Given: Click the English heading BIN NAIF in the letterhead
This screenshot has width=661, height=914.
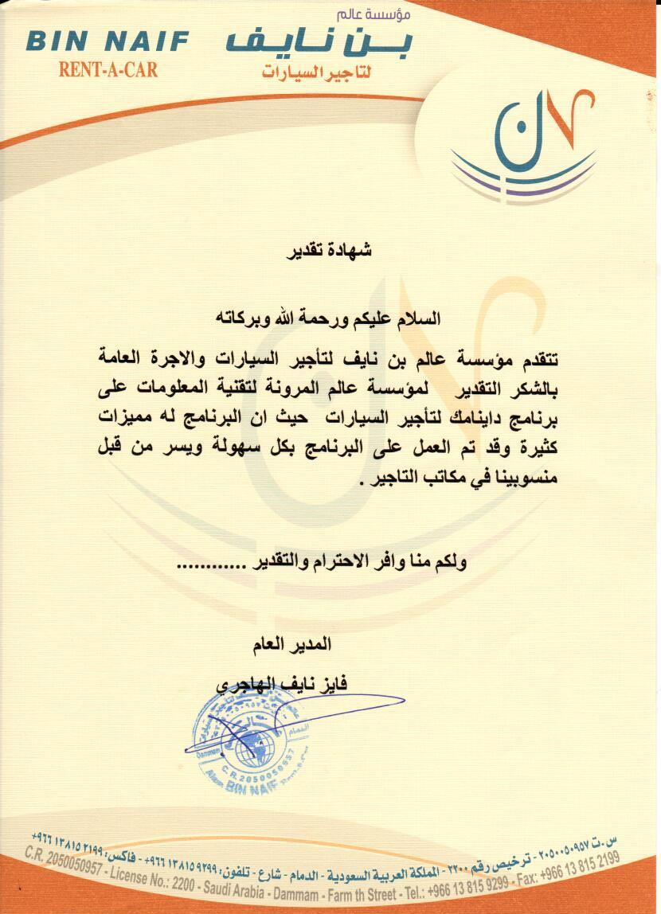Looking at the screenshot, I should tap(108, 41).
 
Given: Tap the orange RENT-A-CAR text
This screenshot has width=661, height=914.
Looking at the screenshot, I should tap(108, 69).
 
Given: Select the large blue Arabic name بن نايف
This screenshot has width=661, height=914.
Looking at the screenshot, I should tap(319, 42).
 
